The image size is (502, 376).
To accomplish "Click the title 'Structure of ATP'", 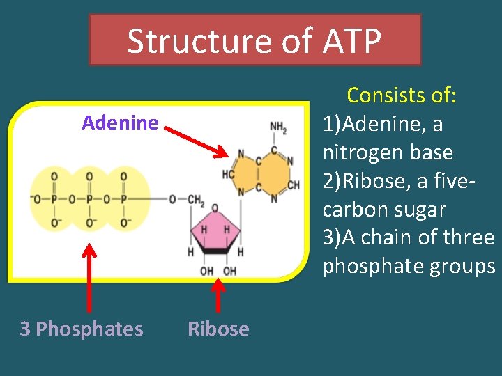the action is click(254, 41).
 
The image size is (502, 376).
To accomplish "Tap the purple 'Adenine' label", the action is click(120, 123).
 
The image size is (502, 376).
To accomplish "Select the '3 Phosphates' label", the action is click(81, 329).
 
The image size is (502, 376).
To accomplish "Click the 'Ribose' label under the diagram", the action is click(218, 329).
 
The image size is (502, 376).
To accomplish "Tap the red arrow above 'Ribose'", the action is click(218, 295).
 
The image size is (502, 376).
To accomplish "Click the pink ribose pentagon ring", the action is click(215, 233).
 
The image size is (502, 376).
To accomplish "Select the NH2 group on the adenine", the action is click(278, 127).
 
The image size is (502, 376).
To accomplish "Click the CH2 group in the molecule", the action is click(195, 201).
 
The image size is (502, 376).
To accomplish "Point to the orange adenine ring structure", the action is click(264, 173).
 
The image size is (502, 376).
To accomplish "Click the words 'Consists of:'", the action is click(402, 95).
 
